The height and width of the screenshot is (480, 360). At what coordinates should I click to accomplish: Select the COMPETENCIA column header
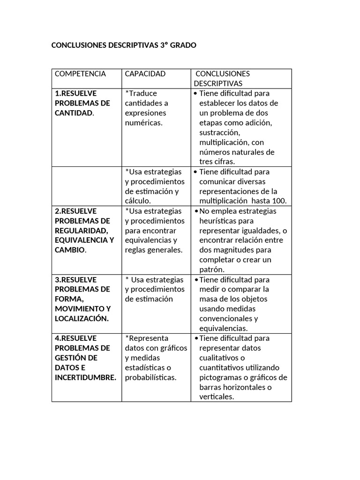tap(80, 74)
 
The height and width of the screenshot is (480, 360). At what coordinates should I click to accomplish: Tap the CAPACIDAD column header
tap(145, 74)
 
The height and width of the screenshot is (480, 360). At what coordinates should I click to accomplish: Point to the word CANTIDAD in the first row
tap(74, 113)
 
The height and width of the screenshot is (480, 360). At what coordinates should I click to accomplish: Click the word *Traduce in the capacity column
tap(141, 93)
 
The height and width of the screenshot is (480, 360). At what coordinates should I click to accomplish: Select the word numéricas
tap(143, 123)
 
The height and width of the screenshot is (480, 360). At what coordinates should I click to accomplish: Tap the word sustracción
tap(220, 133)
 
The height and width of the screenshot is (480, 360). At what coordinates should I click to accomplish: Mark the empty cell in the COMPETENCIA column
tap(86, 186)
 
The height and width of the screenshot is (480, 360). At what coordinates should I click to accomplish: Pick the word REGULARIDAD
tap(82, 230)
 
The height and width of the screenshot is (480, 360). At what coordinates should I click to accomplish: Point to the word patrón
tap(212, 270)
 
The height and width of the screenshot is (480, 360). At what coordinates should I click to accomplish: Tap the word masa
tap(209, 299)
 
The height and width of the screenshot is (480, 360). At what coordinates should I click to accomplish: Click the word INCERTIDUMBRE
tap(85, 377)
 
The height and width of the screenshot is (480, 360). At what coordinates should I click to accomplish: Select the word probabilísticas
tap(150, 377)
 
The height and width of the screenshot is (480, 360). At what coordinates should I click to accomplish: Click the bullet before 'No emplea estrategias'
tap(195, 211)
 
